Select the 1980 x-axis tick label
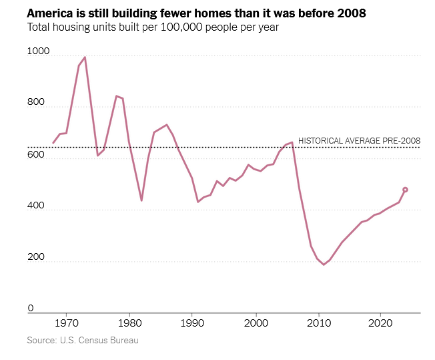click(x=129, y=323)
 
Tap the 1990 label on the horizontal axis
click(x=192, y=323)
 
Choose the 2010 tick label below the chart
click(x=318, y=323)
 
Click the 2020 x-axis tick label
click(x=380, y=323)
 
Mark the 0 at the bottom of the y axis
click(x=31, y=308)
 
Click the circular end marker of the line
click(x=405, y=190)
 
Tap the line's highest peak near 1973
click(x=85, y=57)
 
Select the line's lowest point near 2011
click(x=324, y=264)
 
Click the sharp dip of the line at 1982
click(x=141, y=200)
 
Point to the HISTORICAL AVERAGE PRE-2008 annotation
click(x=359, y=140)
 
